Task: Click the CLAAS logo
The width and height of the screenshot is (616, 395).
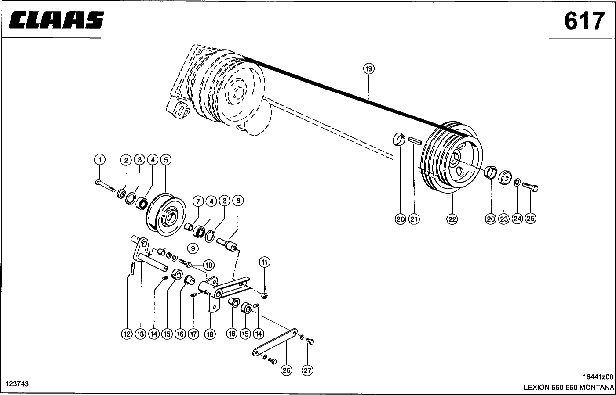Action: point(55,20)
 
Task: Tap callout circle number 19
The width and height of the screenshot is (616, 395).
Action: point(368,68)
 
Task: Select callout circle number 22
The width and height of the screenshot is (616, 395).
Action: point(452,219)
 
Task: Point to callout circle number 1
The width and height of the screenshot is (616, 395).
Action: point(100,160)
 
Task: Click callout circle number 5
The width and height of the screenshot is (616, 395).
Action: point(165,160)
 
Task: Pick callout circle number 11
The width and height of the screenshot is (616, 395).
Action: point(264,262)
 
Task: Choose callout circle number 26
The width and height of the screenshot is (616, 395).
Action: point(286,370)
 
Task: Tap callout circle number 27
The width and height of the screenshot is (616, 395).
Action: point(307,370)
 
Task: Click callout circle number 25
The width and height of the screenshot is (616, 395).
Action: point(530,219)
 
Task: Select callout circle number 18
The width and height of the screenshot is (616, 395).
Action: point(210,334)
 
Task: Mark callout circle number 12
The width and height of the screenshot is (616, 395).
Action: point(127,334)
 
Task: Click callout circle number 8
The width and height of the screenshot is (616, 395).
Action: point(237,201)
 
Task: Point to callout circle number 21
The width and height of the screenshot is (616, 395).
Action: point(413,219)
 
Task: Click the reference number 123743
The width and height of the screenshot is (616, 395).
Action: point(17,384)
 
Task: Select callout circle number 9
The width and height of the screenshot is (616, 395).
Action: point(193,248)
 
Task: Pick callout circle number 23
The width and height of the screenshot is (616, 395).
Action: point(504,219)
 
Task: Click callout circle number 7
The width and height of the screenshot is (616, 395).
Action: point(198,201)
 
